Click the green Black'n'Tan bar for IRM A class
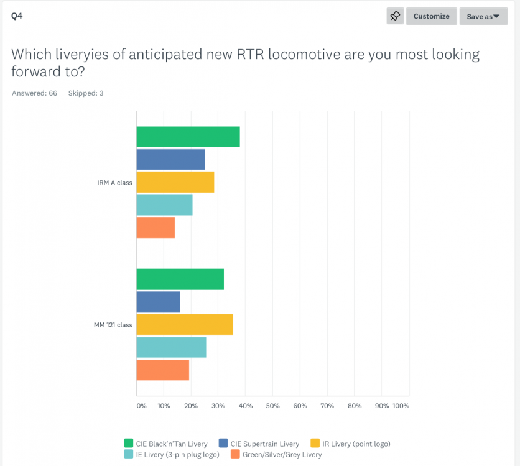click(x=188, y=137)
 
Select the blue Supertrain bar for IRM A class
click(x=170, y=160)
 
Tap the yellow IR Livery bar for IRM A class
click(x=175, y=182)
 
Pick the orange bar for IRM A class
click(x=156, y=227)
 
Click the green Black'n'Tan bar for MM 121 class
click(x=180, y=279)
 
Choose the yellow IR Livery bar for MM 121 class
click(x=184, y=324)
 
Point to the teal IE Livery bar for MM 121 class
click(x=171, y=347)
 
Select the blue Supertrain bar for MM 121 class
click(x=158, y=302)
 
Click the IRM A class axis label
click(x=114, y=183)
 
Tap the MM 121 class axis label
click(x=113, y=324)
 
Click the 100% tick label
click(x=401, y=406)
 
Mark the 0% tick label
click(x=141, y=406)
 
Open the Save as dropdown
click(x=483, y=16)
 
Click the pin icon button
click(x=395, y=16)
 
